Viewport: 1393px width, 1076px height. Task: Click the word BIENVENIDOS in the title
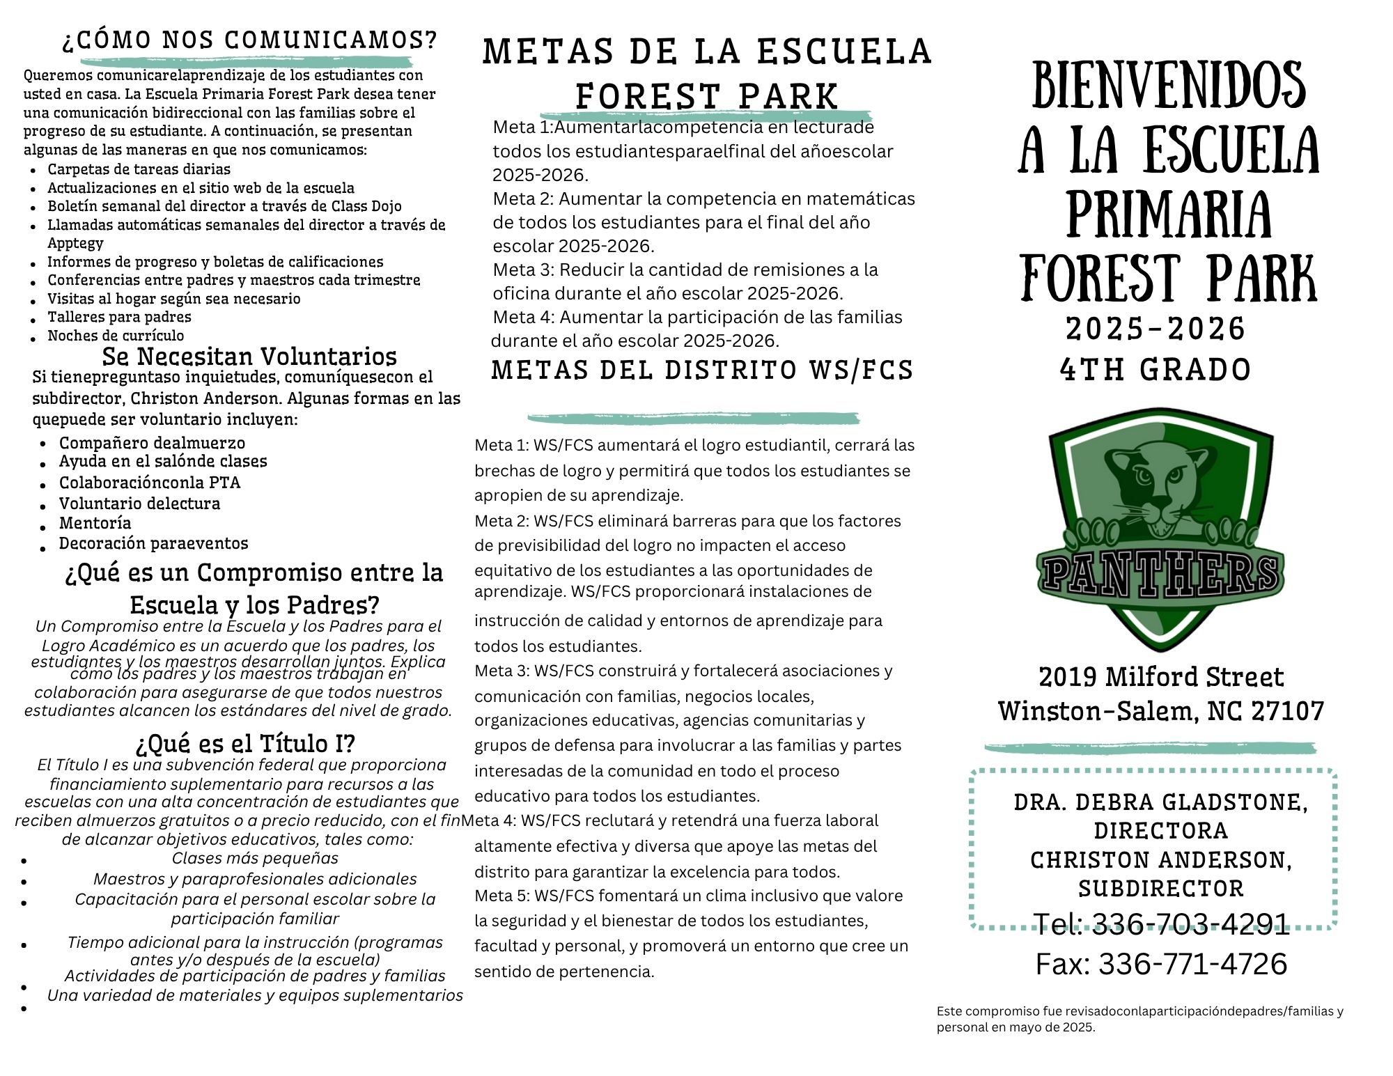1168,85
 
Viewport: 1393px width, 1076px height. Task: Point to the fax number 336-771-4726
1192,964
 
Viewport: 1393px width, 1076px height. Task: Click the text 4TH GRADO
1155,370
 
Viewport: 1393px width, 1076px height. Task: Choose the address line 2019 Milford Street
1161,677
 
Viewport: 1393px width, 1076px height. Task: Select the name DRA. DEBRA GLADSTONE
1160,802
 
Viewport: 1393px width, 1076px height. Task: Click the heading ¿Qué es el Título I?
245,744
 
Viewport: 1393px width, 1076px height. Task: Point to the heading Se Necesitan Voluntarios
249,357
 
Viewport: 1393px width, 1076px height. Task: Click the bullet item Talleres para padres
119,317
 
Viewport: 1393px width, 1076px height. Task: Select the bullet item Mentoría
95,523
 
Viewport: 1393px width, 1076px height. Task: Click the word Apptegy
75,243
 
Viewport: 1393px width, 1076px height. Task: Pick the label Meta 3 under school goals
522,270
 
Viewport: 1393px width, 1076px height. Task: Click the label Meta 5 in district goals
501,896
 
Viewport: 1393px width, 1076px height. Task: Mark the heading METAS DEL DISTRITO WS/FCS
702,371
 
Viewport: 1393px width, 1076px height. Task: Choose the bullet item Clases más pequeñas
255,858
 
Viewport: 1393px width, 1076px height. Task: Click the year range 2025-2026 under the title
1155,329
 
